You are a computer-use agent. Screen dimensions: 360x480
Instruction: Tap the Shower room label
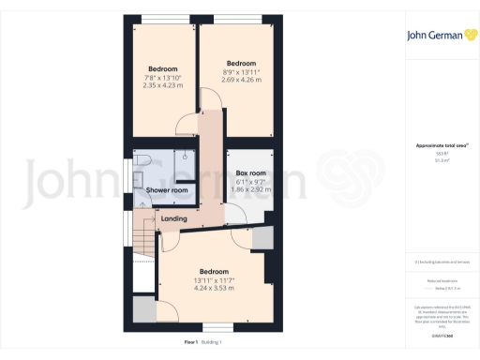click(167, 190)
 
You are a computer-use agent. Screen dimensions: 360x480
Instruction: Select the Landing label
click(173, 219)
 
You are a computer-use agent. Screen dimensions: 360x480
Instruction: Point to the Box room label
click(250, 173)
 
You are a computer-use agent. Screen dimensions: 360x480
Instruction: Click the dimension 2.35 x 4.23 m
click(162, 85)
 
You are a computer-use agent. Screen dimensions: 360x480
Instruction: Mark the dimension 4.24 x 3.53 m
click(214, 288)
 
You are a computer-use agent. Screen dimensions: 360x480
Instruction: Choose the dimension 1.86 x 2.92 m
click(250, 189)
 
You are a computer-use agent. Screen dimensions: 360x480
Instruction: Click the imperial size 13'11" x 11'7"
click(214, 280)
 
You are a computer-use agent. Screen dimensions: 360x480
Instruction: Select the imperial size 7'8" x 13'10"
click(162, 77)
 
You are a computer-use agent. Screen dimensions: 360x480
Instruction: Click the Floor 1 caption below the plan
click(192, 343)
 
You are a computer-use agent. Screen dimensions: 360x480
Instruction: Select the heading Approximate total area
click(434, 145)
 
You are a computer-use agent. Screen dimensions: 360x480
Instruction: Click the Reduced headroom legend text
click(434, 279)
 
